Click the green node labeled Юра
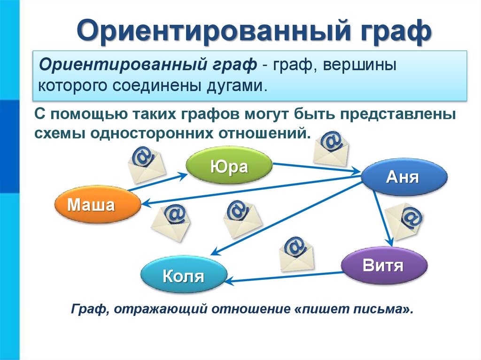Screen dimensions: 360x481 (229, 166)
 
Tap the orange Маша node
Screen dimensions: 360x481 (97, 205)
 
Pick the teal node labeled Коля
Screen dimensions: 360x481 (184, 276)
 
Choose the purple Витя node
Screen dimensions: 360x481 (384, 266)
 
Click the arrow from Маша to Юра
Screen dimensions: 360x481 (157, 181)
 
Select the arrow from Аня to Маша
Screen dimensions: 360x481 (249, 190)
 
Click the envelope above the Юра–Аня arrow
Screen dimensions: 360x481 (331, 147)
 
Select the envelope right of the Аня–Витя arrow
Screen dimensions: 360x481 (405, 223)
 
